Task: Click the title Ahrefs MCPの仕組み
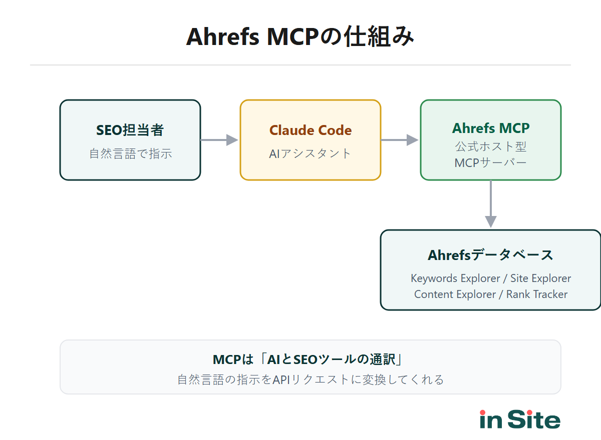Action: tap(300, 36)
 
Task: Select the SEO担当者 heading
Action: tap(130, 130)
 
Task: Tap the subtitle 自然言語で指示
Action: tap(130, 153)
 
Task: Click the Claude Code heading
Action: tap(311, 130)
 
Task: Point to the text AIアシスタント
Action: tap(311, 153)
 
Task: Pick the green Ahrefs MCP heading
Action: tap(491, 128)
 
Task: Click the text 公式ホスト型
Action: tap(491, 146)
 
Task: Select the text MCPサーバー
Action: tap(491, 163)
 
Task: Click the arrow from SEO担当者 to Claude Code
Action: tap(219, 140)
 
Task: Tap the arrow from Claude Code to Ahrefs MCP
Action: tap(400, 140)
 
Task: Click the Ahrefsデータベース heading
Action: tap(491, 255)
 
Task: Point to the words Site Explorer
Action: tap(540, 278)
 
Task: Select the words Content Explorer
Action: tap(455, 294)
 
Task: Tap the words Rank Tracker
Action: tap(537, 294)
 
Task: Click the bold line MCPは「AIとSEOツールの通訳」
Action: tap(311, 359)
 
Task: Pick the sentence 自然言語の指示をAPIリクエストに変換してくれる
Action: tap(311, 379)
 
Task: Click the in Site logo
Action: tap(520, 420)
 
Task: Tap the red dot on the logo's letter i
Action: tap(483, 412)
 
